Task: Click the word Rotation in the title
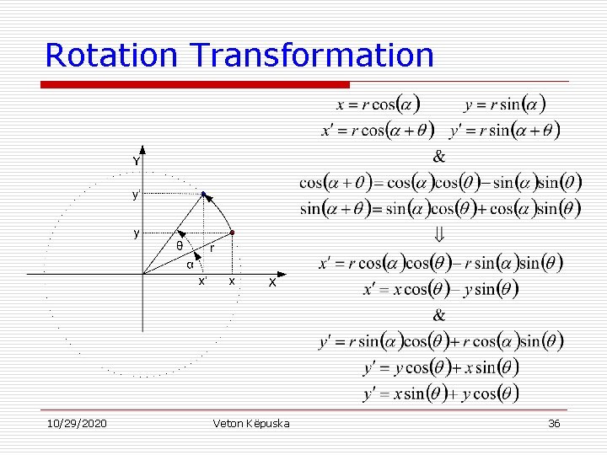111,55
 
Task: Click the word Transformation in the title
312,55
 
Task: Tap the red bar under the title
195,85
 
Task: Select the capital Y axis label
136,161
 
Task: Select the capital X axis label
272,283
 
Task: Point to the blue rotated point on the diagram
203,195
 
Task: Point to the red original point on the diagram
233,232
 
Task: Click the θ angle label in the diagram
178,246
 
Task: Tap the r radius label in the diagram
212,249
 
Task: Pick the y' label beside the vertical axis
136,195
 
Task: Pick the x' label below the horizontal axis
202,281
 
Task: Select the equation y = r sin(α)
504,105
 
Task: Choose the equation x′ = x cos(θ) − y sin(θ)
440,289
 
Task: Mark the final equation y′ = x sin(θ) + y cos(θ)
440,393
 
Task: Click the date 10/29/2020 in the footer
76,423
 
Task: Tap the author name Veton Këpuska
251,423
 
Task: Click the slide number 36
554,423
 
